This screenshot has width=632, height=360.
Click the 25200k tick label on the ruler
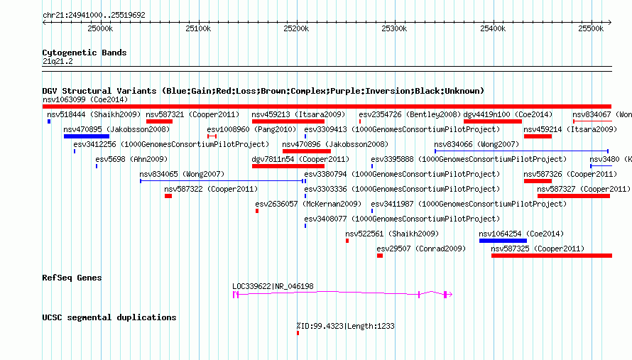click(x=296, y=28)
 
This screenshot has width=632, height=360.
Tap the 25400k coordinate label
click(x=493, y=28)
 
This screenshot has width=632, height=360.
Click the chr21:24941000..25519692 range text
click(x=94, y=15)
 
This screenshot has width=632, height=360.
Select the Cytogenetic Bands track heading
click(x=85, y=53)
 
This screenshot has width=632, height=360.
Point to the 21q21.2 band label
click(x=58, y=61)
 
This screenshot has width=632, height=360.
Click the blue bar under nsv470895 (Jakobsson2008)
click(x=87, y=136)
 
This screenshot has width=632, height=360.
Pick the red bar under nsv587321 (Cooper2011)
click(x=159, y=121)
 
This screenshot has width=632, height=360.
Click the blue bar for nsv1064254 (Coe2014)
click(x=503, y=241)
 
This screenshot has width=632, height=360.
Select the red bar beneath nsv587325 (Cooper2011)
click(x=552, y=256)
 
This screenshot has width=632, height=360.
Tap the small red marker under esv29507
click(x=380, y=256)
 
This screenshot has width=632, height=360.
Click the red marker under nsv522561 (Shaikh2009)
click(x=347, y=241)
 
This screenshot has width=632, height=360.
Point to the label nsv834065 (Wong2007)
click(x=182, y=174)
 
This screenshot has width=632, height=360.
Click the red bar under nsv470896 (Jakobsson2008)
click(x=307, y=151)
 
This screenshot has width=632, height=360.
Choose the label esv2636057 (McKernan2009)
click(x=308, y=204)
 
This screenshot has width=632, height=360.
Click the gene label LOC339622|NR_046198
click(x=273, y=286)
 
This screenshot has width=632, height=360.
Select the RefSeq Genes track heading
click(x=72, y=278)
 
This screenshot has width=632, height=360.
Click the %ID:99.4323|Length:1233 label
click(x=345, y=326)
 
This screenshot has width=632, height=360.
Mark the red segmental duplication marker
click(x=298, y=333)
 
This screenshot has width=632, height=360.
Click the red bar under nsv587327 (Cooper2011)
click(x=574, y=196)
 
